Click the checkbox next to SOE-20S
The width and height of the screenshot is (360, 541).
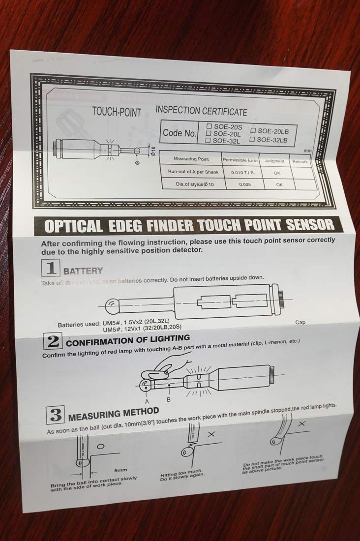[x=209, y=126]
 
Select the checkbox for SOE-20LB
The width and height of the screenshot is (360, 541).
[x=254, y=131]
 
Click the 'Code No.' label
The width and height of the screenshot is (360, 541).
[x=180, y=133]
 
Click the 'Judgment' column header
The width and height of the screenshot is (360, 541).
[x=274, y=161]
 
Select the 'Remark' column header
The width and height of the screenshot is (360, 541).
[x=300, y=161]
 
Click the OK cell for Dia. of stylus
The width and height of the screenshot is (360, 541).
[x=279, y=185]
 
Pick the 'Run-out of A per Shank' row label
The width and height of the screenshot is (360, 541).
[x=193, y=172]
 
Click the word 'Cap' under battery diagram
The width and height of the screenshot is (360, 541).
[x=300, y=323]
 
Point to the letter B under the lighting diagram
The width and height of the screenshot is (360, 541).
[x=169, y=400]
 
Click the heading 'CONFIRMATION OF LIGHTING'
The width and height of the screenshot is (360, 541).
[x=128, y=340]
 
